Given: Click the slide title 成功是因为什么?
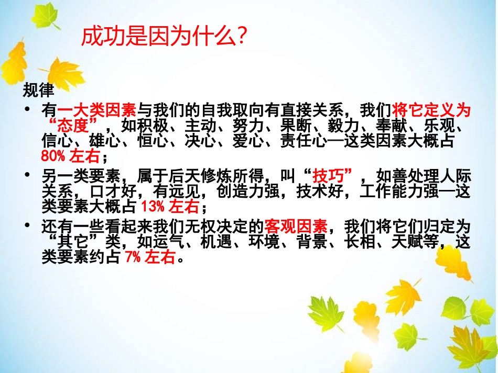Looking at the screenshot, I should click(164, 38).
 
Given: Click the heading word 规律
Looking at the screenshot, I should click(38, 91).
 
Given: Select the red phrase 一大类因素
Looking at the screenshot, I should click(97, 110).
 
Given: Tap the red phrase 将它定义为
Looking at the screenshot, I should click(431, 110).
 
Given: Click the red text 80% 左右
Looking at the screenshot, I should click(70, 156).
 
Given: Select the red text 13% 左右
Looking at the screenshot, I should click(170, 207).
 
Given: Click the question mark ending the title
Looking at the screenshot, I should click(242, 38).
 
